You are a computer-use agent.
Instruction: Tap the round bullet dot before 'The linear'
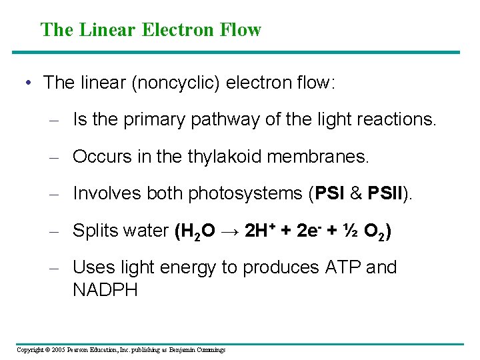coord(27,83)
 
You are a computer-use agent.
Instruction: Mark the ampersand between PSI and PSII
coord(356,193)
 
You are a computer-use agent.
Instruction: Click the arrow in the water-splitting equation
coord(232,231)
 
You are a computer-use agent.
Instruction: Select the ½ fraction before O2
coord(349,231)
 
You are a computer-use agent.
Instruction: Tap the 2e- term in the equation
coord(309,231)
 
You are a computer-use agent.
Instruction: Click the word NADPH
coord(105,290)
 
